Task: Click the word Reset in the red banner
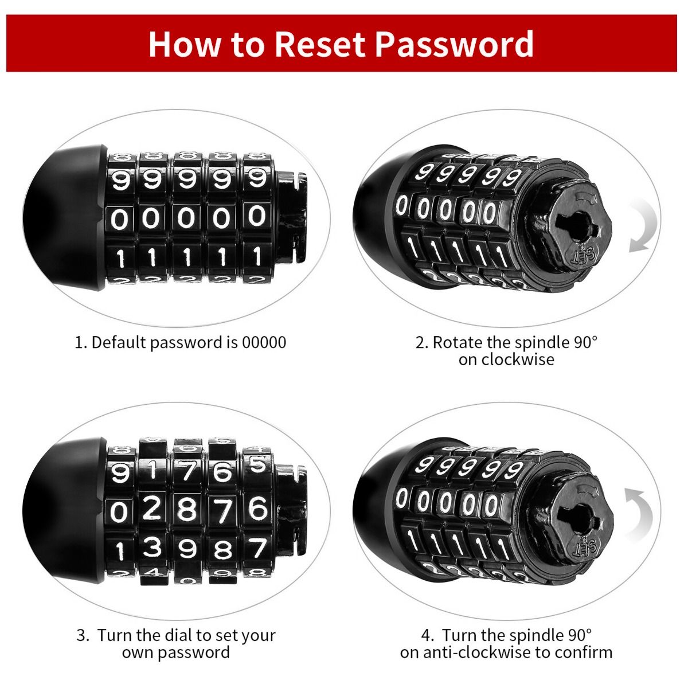pos(320,44)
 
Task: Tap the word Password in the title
pos(455,45)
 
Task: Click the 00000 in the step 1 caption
pos(264,342)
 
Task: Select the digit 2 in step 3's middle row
pos(152,509)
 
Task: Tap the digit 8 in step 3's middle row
pos(187,510)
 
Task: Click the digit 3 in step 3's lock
pos(153,547)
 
